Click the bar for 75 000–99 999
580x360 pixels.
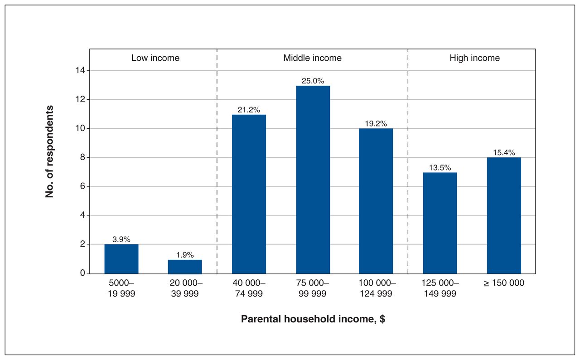point(313,180)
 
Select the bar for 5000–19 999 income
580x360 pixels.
point(121,259)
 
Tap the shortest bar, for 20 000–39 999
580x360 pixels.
point(185,267)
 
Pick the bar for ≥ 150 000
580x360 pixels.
point(504,215)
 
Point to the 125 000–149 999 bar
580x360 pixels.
point(440,223)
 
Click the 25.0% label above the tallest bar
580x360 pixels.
point(313,81)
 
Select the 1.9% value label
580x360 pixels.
point(185,255)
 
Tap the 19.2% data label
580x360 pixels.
point(376,123)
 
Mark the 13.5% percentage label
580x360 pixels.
point(440,168)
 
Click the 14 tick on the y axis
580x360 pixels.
point(80,70)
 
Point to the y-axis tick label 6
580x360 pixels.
point(82,186)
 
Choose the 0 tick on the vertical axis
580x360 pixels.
point(82,272)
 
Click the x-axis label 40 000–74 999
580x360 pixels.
point(249,288)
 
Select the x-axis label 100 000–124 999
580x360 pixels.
point(377,288)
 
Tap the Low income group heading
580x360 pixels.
point(155,58)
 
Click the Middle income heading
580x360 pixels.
point(313,58)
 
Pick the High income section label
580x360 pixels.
point(474,58)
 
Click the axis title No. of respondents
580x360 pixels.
point(49,151)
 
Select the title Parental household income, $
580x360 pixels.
point(313,319)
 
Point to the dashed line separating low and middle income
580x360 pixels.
point(217,161)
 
